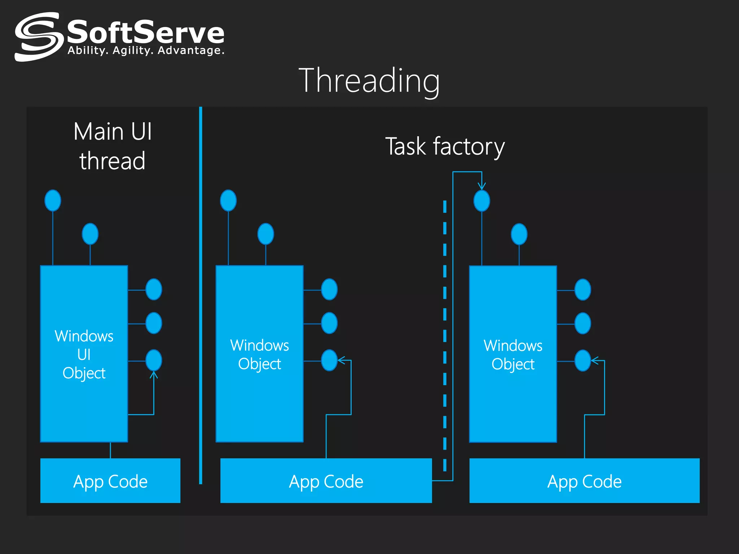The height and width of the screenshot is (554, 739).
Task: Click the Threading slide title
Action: tap(369, 81)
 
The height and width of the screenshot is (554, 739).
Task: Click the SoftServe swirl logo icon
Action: tap(37, 37)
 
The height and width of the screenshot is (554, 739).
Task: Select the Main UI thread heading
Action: tap(113, 146)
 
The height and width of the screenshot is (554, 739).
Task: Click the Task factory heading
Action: tap(445, 146)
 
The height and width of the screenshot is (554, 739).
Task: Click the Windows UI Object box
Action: tap(84, 353)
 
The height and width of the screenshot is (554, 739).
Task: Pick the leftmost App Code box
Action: tap(110, 481)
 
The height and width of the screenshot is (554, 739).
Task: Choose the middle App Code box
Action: tap(326, 481)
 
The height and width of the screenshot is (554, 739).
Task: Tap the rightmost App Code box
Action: tap(584, 481)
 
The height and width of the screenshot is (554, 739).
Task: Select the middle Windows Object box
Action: tap(259, 353)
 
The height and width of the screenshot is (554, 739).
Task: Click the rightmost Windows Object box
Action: tap(513, 353)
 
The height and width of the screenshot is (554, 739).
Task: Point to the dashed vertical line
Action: tap(445, 335)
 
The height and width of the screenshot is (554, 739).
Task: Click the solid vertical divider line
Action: tap(201, 296)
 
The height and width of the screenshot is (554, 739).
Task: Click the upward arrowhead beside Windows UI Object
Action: tap(154, 375)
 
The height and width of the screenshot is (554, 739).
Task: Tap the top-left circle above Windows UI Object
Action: tap(53, 201)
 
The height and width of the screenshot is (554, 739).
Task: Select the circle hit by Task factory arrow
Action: tap(482, 201)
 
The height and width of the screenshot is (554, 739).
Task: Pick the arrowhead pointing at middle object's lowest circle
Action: tap(341, 360)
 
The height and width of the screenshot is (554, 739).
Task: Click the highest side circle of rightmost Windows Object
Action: tap(583, 290)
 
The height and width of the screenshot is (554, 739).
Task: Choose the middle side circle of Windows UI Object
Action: tap(154, 323)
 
